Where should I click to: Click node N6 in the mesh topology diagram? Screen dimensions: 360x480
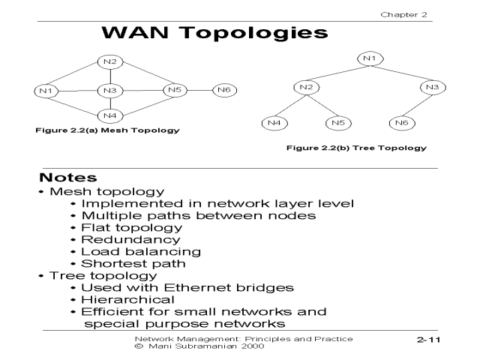[x=223, y=91]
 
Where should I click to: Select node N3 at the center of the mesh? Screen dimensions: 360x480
[x=110, y=91]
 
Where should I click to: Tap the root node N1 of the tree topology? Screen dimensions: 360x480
[x=367, y=58]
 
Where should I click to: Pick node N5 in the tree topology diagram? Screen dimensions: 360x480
[x=337, y=121]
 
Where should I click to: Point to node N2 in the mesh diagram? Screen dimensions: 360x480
[x=110, y=61]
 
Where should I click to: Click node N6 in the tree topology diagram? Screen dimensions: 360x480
[x=402, y=121]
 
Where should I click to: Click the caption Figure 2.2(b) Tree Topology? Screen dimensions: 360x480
[x=355, y=147]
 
